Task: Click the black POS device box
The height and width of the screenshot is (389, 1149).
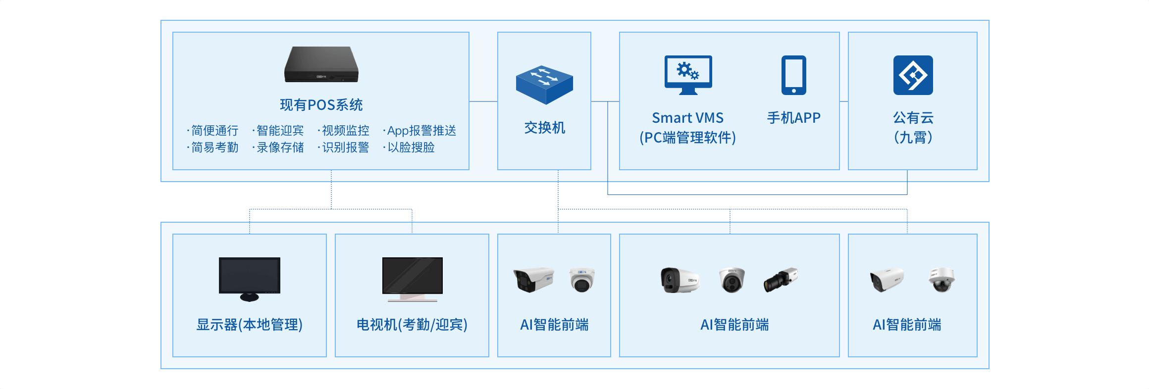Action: [321, 64]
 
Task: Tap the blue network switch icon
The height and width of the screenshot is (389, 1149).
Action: [544, 85]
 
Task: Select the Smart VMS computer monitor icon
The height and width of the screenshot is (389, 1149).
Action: [688, 74]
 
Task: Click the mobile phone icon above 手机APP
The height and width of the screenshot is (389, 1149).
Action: [793, 75]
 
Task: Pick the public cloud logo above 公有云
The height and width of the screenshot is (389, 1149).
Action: [913, 75]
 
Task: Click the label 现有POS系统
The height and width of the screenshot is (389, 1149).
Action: [321, 105]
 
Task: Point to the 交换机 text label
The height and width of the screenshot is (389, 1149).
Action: [544, 128]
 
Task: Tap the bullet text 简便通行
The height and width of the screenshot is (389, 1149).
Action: [214, 131]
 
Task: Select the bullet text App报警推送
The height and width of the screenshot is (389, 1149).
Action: [421, 131]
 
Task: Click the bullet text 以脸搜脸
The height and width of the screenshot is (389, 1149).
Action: [411, 147]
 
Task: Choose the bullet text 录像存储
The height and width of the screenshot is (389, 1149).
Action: [280, 147]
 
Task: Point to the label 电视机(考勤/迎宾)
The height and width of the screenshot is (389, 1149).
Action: [412, 325]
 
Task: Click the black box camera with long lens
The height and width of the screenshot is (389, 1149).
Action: [781, 280]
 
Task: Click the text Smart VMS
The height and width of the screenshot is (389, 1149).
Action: [687, 118]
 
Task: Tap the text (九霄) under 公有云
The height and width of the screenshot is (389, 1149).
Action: [913, 137]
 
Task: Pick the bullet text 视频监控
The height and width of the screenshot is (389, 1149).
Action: [345, 131]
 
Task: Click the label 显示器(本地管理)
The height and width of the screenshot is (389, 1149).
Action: [250, 325]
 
